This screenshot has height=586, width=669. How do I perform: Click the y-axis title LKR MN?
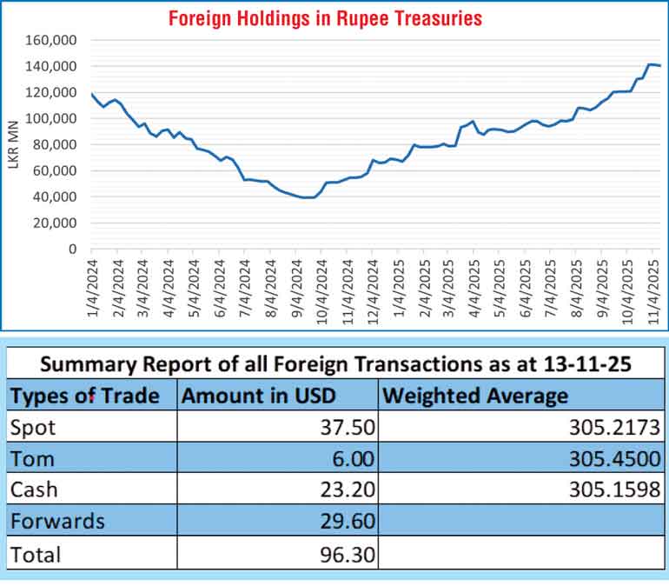(13, 144)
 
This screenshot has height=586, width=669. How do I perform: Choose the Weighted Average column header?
(476, 396)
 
